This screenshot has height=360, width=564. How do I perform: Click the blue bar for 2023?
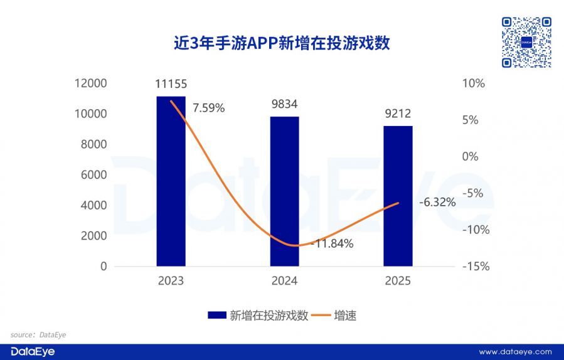click(171, 182)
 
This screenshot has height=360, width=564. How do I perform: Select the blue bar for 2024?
click(284, 191)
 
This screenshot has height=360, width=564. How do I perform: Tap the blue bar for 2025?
click(398, 196)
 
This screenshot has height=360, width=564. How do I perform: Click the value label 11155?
click(171, 83)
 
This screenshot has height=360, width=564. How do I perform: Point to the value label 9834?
click(285, 104)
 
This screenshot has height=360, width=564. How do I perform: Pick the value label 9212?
click(398, 114)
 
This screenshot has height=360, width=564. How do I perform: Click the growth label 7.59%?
click(208, 108)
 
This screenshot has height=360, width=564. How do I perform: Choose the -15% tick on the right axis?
click(474, 267)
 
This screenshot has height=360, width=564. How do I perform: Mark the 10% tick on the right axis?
click(474, 83)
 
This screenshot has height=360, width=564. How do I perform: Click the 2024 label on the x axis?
click(284, 281)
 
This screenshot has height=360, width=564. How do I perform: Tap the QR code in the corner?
click(527, 42)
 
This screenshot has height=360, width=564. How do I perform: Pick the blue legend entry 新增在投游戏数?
click(259, 315)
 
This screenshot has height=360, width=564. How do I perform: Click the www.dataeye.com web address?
click(515, 352)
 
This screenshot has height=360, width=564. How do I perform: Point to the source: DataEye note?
click(38, 335)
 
